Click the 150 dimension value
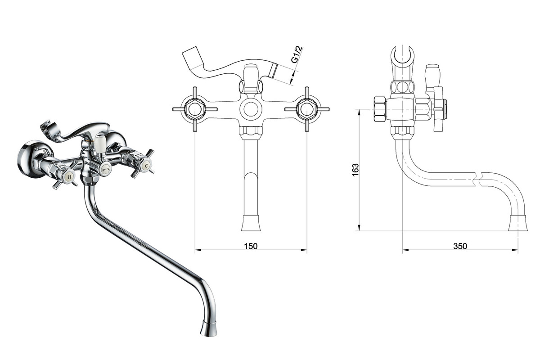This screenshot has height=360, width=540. (x=251, y=246)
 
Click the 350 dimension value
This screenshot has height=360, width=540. (x=460, y=246)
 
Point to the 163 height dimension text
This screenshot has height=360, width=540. (x=355, y=170)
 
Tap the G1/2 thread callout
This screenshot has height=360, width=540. (x=297, y=55)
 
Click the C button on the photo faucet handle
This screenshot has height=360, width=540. (x=146, y=166)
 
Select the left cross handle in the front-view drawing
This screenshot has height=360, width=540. (x=195, y=109)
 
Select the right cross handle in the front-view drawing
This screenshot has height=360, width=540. (x=307, y=109)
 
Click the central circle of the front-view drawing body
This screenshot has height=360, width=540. (x=251, y=109)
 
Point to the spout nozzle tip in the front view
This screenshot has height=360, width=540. (x=251, y=223)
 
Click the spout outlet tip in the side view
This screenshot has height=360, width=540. (x=518, y=223)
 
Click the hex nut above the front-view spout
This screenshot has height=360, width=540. (x=251, y=131)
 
